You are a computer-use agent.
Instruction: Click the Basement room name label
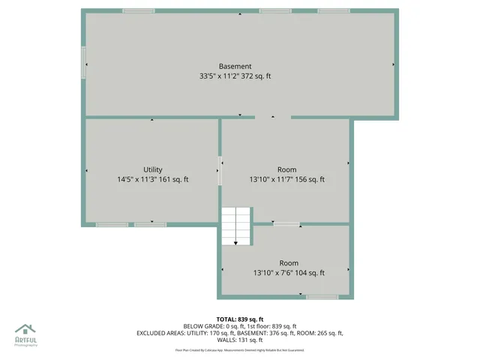(x=235, y=66)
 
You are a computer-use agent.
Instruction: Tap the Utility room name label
(x=152, y=169)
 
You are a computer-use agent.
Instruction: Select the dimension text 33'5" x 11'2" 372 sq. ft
(x=235, y=76)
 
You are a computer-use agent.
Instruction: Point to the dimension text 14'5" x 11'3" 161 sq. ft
(x=152, y=179)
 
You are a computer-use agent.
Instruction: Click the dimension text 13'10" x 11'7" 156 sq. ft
(x=286, y=179)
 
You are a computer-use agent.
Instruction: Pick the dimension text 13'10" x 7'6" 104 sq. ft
(x=289, y=273)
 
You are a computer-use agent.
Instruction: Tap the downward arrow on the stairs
(x=235, y=241)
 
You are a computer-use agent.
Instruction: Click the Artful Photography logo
(x=25, y=334)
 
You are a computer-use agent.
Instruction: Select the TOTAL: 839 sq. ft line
(x=239, y=319)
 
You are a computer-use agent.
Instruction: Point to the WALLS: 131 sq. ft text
(x=239, y=340)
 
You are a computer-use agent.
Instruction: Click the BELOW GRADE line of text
(x=239, y=326)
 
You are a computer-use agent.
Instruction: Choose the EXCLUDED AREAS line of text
(x=239, y=333)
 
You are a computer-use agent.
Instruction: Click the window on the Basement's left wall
(x=84, y=62)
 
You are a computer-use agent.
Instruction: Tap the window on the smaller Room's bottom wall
(x=322, y=297)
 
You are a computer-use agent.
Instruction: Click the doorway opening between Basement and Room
(x=273, y=117)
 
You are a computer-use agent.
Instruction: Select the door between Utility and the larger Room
(x=220, y=170)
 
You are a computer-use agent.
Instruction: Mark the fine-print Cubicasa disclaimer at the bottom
(x=239, y=350)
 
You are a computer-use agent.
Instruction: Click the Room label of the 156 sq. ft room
(x=286, y=169)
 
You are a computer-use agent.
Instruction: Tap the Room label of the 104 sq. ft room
(x=289, y=263)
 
